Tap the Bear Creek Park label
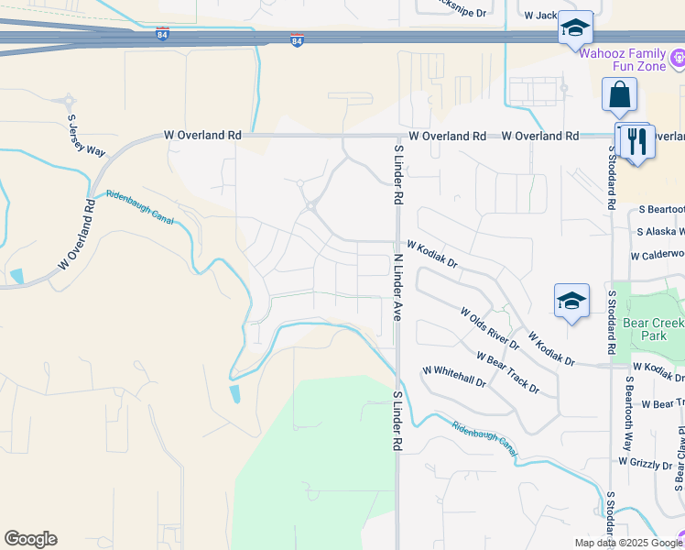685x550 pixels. click(x=654, y=329)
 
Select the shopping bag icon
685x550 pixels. click(x=620, y=94)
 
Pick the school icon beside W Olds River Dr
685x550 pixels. click(x=571, y=301)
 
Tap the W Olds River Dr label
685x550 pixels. click(x=490, y=329)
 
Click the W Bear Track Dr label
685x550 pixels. click(x=507, y=372)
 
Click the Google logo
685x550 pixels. click(x=30, y=539)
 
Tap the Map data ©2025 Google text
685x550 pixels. click(x=627, y=543)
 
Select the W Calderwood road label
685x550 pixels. click(x=657, y=255)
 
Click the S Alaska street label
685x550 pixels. click(x=660, y=232)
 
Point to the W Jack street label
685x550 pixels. click(x=540, y=16)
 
